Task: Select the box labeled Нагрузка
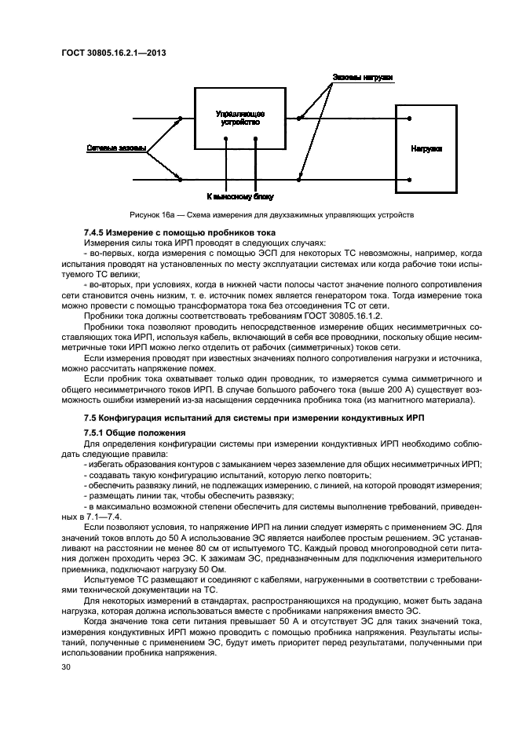coord(426,148)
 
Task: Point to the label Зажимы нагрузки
coord(362,78)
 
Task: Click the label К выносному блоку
coord(240,196)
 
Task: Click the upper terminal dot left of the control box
coord(181,119)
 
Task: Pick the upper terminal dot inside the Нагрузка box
coord(409,119)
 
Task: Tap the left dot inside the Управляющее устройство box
coord(227,140)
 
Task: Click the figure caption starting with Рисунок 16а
coord(272,215)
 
